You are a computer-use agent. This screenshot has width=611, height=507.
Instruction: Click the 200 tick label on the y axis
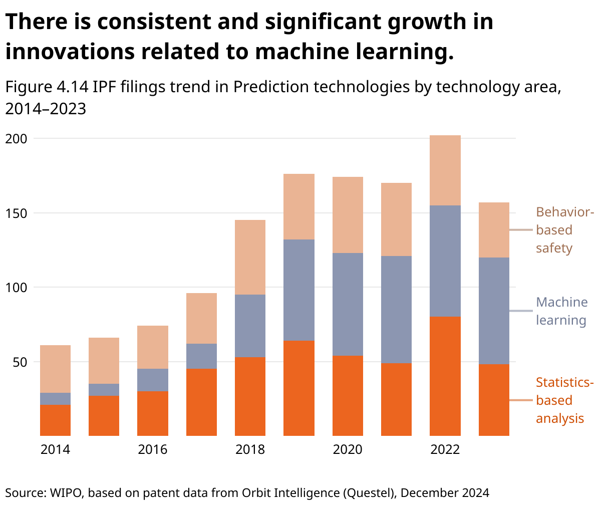pos(16,138)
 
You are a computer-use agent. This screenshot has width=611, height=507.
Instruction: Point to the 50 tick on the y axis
pos(19,362)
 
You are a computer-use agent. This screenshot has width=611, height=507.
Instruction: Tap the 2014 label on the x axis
pos(55,449)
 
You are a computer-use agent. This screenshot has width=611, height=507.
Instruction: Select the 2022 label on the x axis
pos(445,449)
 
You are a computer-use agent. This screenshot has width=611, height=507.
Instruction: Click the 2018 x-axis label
pos(250,449)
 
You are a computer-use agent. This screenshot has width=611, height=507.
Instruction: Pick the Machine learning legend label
pos(561,311)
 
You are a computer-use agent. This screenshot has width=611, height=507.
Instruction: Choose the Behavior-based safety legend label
pos(564,230)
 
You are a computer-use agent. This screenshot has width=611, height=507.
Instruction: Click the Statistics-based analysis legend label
pos(564,400)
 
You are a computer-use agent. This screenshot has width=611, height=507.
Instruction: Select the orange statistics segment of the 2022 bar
pos(445,376)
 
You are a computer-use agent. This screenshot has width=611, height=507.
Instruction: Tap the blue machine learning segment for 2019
pos(299,290)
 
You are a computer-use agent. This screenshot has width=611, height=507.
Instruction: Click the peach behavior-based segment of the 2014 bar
pos(55,369)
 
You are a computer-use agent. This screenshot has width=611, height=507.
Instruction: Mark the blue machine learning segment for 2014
pos(55,399)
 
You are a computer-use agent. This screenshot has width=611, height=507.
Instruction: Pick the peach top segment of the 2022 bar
pos(445,170)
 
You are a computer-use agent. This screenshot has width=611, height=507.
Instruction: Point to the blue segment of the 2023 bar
pos(494,311)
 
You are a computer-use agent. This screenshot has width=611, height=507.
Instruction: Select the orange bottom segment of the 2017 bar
pos(201,402)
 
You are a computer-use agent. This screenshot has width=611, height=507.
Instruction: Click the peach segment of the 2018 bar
pos(250,257)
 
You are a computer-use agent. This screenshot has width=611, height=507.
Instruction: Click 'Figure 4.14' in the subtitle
pos(47,87)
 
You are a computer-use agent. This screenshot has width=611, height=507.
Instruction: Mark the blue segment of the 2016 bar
pos(153,380)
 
